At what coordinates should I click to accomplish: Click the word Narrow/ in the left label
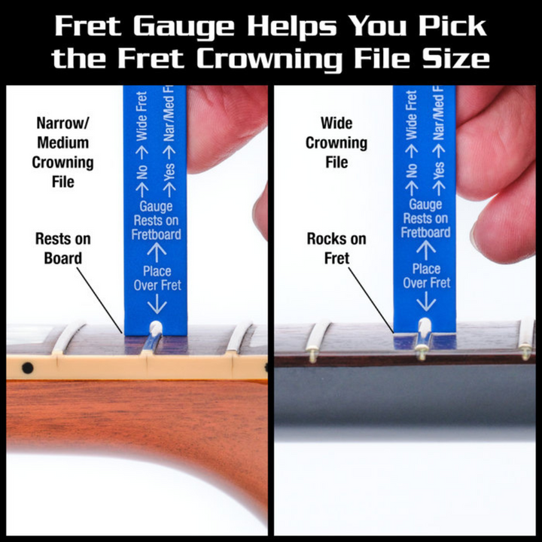pyautogui.click(x=64, y=123)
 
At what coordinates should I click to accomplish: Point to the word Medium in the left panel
pyautogui.click(x=64, y=142)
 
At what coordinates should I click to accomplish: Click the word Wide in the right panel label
pyautogui.click(x=336, y=123)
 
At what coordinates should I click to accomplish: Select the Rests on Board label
pyautogui.click(x=64, y=248)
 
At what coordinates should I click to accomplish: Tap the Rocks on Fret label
pyautogui.click(x=336, y=248)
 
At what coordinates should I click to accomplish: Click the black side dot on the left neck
pyautogui.click(x=28, y=367)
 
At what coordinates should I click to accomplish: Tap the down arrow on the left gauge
pyautogui.click(x=157, y=304)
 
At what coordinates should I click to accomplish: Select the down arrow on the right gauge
pyautogui.click(x=426, y=301)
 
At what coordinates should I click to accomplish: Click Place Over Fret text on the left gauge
pyautogui.click(x=157, y=278)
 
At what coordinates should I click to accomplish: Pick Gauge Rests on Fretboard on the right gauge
pyautogui.click(x=426, y=218)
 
